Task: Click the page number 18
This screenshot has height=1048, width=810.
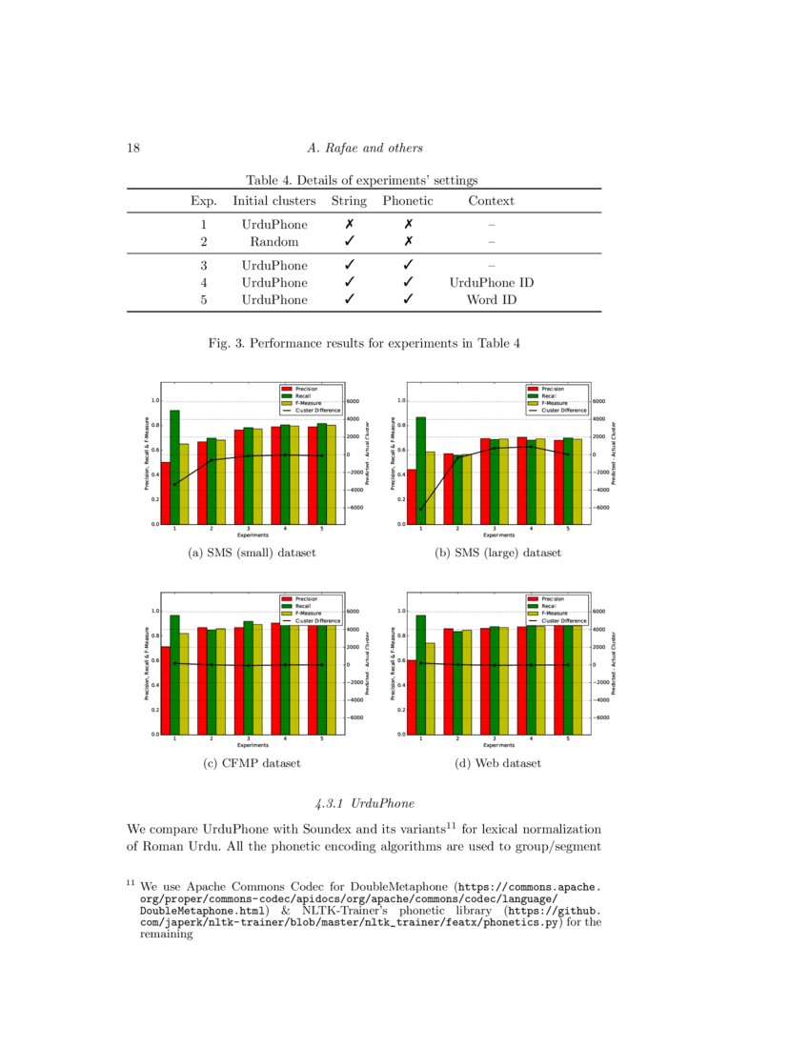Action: (x=133, y=148)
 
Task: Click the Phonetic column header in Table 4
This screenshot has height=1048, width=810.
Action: (x=407, y=201)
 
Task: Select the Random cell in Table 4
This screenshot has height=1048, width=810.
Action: (x=274, y=242)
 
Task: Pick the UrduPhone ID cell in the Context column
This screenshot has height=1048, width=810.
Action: (x=491, y=283)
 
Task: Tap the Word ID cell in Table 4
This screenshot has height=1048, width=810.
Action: (x=491, y=300)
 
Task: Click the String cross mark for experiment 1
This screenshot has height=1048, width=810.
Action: (x=349, y=225)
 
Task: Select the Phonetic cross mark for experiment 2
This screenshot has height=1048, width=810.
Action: (x=407, y=242)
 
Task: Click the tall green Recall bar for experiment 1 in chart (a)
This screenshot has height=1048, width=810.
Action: (x=174, y=467)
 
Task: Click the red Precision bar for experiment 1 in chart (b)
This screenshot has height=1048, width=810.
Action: (x=412, y=496)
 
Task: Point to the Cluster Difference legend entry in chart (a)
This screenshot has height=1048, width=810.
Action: (x=315, y=410)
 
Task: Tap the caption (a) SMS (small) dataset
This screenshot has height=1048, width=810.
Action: (x=252, y=553)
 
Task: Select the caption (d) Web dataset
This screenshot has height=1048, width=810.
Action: (x=498, y=763)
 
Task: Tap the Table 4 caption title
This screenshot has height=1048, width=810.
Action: (x=361, y=180)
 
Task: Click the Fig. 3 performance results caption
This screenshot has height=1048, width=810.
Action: (x=364, y=342)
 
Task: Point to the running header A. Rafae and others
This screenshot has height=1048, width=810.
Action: (x=365, y=148)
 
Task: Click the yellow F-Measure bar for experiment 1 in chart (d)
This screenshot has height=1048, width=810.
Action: (x=430, y=689)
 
